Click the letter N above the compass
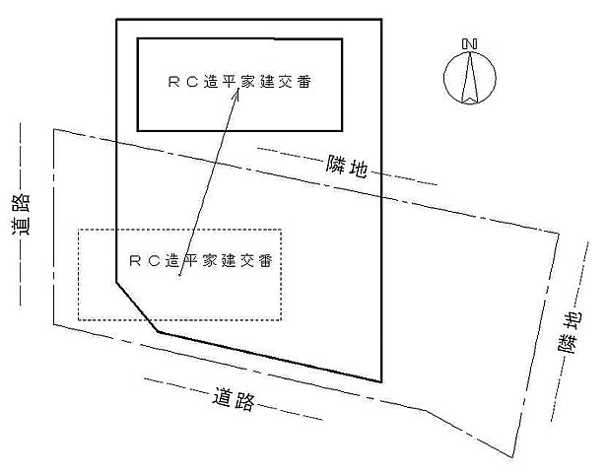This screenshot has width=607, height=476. point(469,44)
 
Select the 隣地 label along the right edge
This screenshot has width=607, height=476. point(571,332)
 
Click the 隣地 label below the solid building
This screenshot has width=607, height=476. point(347,169)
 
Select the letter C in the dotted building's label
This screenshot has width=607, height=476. point(154,261)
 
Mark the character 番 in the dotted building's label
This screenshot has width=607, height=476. point(266,261)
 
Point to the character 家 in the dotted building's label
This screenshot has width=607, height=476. point(210,261)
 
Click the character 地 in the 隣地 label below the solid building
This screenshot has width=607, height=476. point(359,171)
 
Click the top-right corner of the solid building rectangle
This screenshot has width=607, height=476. point(342,39)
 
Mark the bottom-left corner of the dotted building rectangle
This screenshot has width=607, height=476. point(79,318)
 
